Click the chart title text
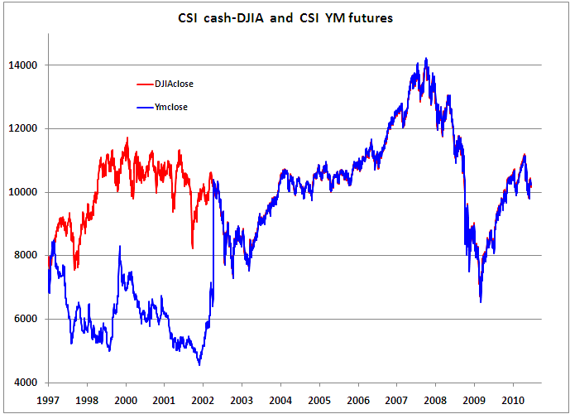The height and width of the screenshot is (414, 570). (285, 18)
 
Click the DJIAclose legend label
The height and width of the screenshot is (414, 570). (174, 84)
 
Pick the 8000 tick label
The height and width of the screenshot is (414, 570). (31, 256)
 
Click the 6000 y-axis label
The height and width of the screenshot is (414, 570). (31, 320)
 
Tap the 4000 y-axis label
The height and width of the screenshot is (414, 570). (31, 383)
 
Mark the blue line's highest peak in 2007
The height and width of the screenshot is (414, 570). (426, 58)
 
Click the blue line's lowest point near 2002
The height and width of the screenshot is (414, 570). (199, 364)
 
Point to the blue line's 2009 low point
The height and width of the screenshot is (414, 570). (481, 301)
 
